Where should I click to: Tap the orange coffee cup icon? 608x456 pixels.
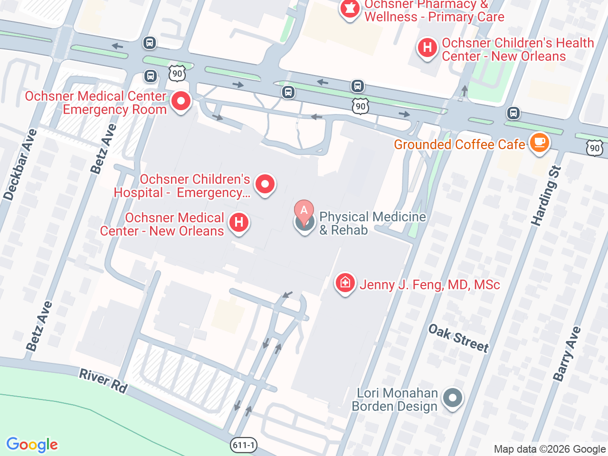coord(539,142)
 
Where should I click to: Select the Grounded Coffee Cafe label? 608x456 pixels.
coord(459,144)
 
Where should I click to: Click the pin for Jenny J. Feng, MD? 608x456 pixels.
coord(345,283)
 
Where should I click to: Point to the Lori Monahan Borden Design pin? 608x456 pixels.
coord(452,398)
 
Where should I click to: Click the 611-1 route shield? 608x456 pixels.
coord(244,445)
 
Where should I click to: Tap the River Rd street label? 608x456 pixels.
coord(103,381)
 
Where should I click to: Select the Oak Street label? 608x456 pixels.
coord(458,338)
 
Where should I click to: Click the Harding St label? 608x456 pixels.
coord(546,196)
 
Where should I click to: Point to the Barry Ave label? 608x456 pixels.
coord(567,354)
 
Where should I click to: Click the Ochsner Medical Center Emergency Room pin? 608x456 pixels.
coord(180,101)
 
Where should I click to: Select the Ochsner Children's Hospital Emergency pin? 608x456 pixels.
coord(265,184)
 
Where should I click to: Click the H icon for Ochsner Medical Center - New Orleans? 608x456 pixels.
coord(239,222)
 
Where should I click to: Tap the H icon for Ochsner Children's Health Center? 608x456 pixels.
coord(427,47)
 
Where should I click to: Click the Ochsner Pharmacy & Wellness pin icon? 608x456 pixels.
coord(350,9)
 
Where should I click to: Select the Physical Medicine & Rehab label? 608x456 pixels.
coord(372,223)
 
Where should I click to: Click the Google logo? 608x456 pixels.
coord(32,445)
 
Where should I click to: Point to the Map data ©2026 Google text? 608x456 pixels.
coord(550,449)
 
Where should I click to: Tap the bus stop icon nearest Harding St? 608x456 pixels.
coord(513,113)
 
